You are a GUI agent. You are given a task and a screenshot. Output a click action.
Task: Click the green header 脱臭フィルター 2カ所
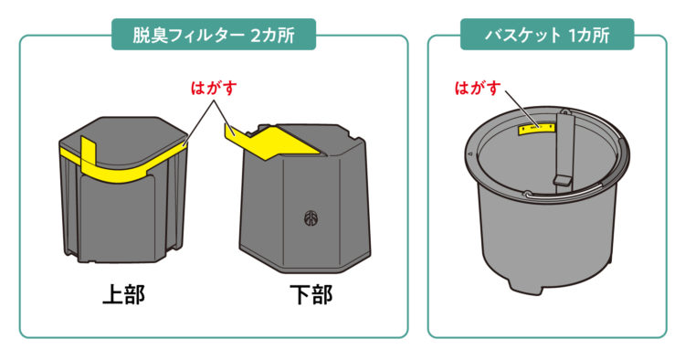tap(214, 35)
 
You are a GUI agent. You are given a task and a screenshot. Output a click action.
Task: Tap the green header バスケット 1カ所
tap(547, 35)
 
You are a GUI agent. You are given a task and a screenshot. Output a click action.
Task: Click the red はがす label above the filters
tap(214, 88)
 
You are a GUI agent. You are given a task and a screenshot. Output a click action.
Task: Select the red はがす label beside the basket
tap(478, 88)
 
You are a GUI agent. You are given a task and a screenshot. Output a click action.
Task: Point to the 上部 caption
tap(123, 294)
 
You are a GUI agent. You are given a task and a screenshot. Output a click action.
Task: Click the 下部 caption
tap(311, 294)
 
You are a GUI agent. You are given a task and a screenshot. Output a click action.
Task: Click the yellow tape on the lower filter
tap(271, 141)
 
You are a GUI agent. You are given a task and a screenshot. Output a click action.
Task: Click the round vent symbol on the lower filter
tap(311, 218)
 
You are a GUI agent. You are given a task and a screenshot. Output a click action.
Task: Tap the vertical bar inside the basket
tap(564, 150)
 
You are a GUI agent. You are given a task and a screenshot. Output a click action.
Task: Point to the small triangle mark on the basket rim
tap(470, 154)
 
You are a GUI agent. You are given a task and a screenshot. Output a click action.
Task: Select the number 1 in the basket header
tap(573, 35)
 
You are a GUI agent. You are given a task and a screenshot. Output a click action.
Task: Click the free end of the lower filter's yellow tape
tap(228, 130)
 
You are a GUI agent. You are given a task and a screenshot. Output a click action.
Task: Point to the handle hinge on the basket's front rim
tap(527, 193)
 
